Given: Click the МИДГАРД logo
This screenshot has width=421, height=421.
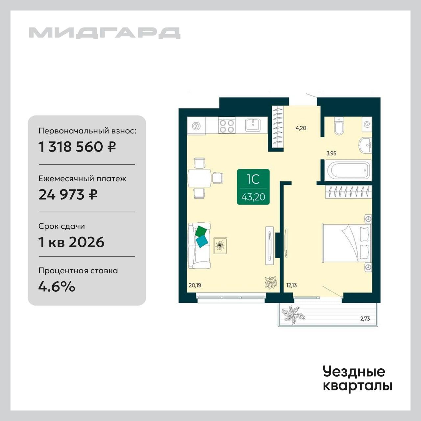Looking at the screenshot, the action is click(x=105, y=33).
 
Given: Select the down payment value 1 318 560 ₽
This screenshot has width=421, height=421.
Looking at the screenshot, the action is click(x=77, y=147).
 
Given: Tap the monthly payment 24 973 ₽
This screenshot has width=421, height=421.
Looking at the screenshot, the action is click(x=68, y=194).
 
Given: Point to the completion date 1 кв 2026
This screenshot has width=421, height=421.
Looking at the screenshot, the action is click(x=71, y=242).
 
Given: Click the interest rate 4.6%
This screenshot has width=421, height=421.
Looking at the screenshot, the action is click(x=57, y=286).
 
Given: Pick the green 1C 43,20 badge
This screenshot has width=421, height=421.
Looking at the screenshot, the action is click(x=253, y=187).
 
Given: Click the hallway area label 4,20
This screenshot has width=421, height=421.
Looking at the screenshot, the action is click(x=301, y=128).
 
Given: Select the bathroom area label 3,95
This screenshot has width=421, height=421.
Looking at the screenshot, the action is click(x=332, y=153).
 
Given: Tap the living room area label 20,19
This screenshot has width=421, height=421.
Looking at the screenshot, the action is click(x=195, y=285).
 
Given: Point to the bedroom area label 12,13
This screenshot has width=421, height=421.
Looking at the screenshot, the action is click(x=292, y=285).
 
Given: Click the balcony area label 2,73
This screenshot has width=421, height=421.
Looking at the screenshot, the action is click(x=365, y=319).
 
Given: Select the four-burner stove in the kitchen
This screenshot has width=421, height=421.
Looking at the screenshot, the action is click(x=227, y=126).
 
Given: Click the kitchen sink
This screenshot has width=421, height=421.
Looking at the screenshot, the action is click(x=253, y=125).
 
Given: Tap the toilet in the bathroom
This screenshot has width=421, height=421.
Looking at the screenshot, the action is click(x=339, y=126).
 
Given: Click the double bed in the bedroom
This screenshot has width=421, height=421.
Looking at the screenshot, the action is click(x=347, y=243).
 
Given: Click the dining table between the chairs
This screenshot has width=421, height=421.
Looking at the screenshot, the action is click(x=199, y=178).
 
